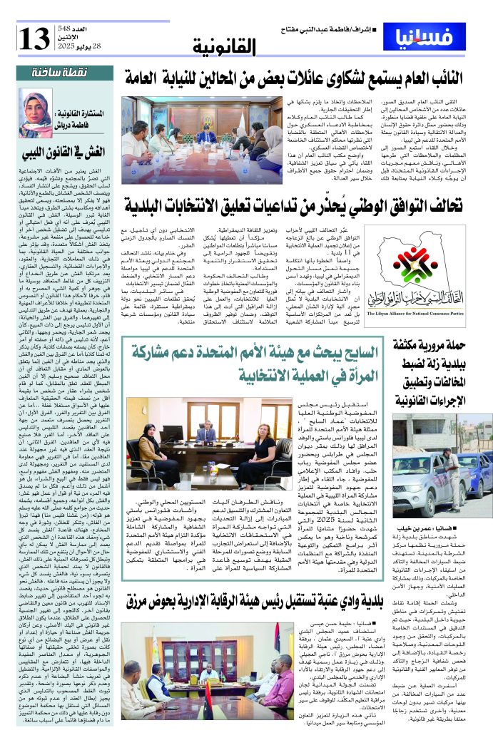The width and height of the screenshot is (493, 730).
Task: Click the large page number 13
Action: (x=34, y=38)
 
